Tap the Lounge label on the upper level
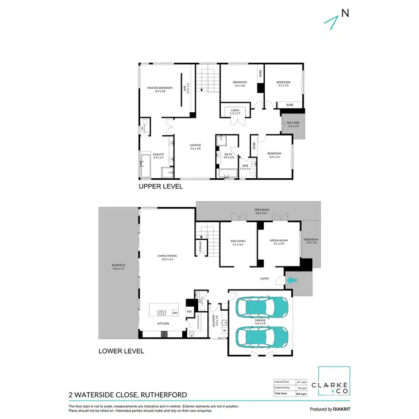[x=196, y=146]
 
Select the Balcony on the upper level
[x=293, y=124]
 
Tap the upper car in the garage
[x=262, y=307]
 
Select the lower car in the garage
[x=262, y=337]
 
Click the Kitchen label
[x=163, y=323]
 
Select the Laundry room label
[x=214, y=322]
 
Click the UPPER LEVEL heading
[x=160, y=187]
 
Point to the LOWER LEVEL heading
[x=121, y=351]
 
